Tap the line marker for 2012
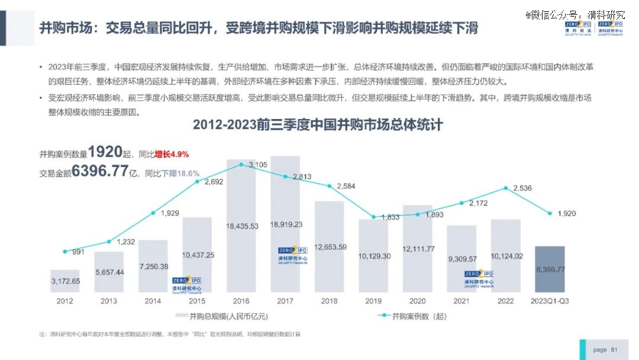click(x=65, y=252)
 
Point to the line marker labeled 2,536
click(x=506, y=188)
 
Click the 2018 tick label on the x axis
click(x=329, y=301)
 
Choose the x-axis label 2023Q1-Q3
click(x=550, y=301)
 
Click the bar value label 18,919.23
click(x=285, y=224)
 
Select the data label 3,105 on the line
click(x=258, y=164)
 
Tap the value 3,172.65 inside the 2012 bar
click(x=65, y=281)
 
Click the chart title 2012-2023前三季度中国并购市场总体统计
click(x=318, y=125)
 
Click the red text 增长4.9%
click(x=172, y=155)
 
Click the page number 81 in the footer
click(x=614, y=350)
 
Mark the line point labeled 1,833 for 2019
click(x=373, y=217)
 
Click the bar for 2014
click(x=153, y=266)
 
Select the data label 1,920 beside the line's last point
click(x=567, y=213)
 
